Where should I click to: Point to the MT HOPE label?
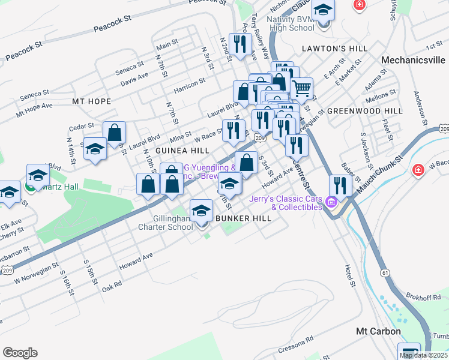pos(91,101)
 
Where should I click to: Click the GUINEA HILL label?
pos(182,150)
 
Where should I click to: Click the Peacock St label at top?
pos(113,24)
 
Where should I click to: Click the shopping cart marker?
pos(301,88)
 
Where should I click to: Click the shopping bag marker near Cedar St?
pos(114,133)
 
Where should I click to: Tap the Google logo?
pos(20,353)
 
